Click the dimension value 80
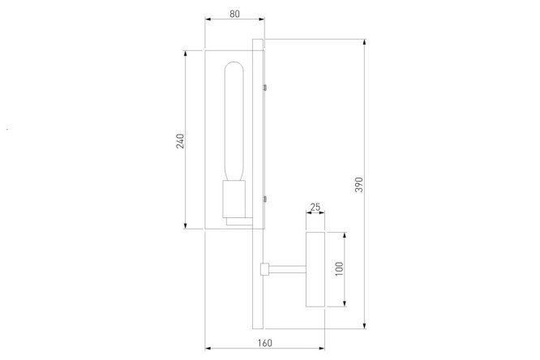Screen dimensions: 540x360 tap(234, 14)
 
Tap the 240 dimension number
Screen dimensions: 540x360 tap(180, 141)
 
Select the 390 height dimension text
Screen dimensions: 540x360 tap(359, 185)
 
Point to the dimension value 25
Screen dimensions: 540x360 tap(315, 207)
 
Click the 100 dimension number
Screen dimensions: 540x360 tap(339, 268)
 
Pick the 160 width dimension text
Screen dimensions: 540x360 tap(264, 343)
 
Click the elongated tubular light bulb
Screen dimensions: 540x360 tap(234, 122)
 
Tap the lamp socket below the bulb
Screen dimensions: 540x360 tap(234, 199)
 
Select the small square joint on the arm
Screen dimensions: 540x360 tap(264, 269)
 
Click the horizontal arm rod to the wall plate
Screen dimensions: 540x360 tap(288, 269)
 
